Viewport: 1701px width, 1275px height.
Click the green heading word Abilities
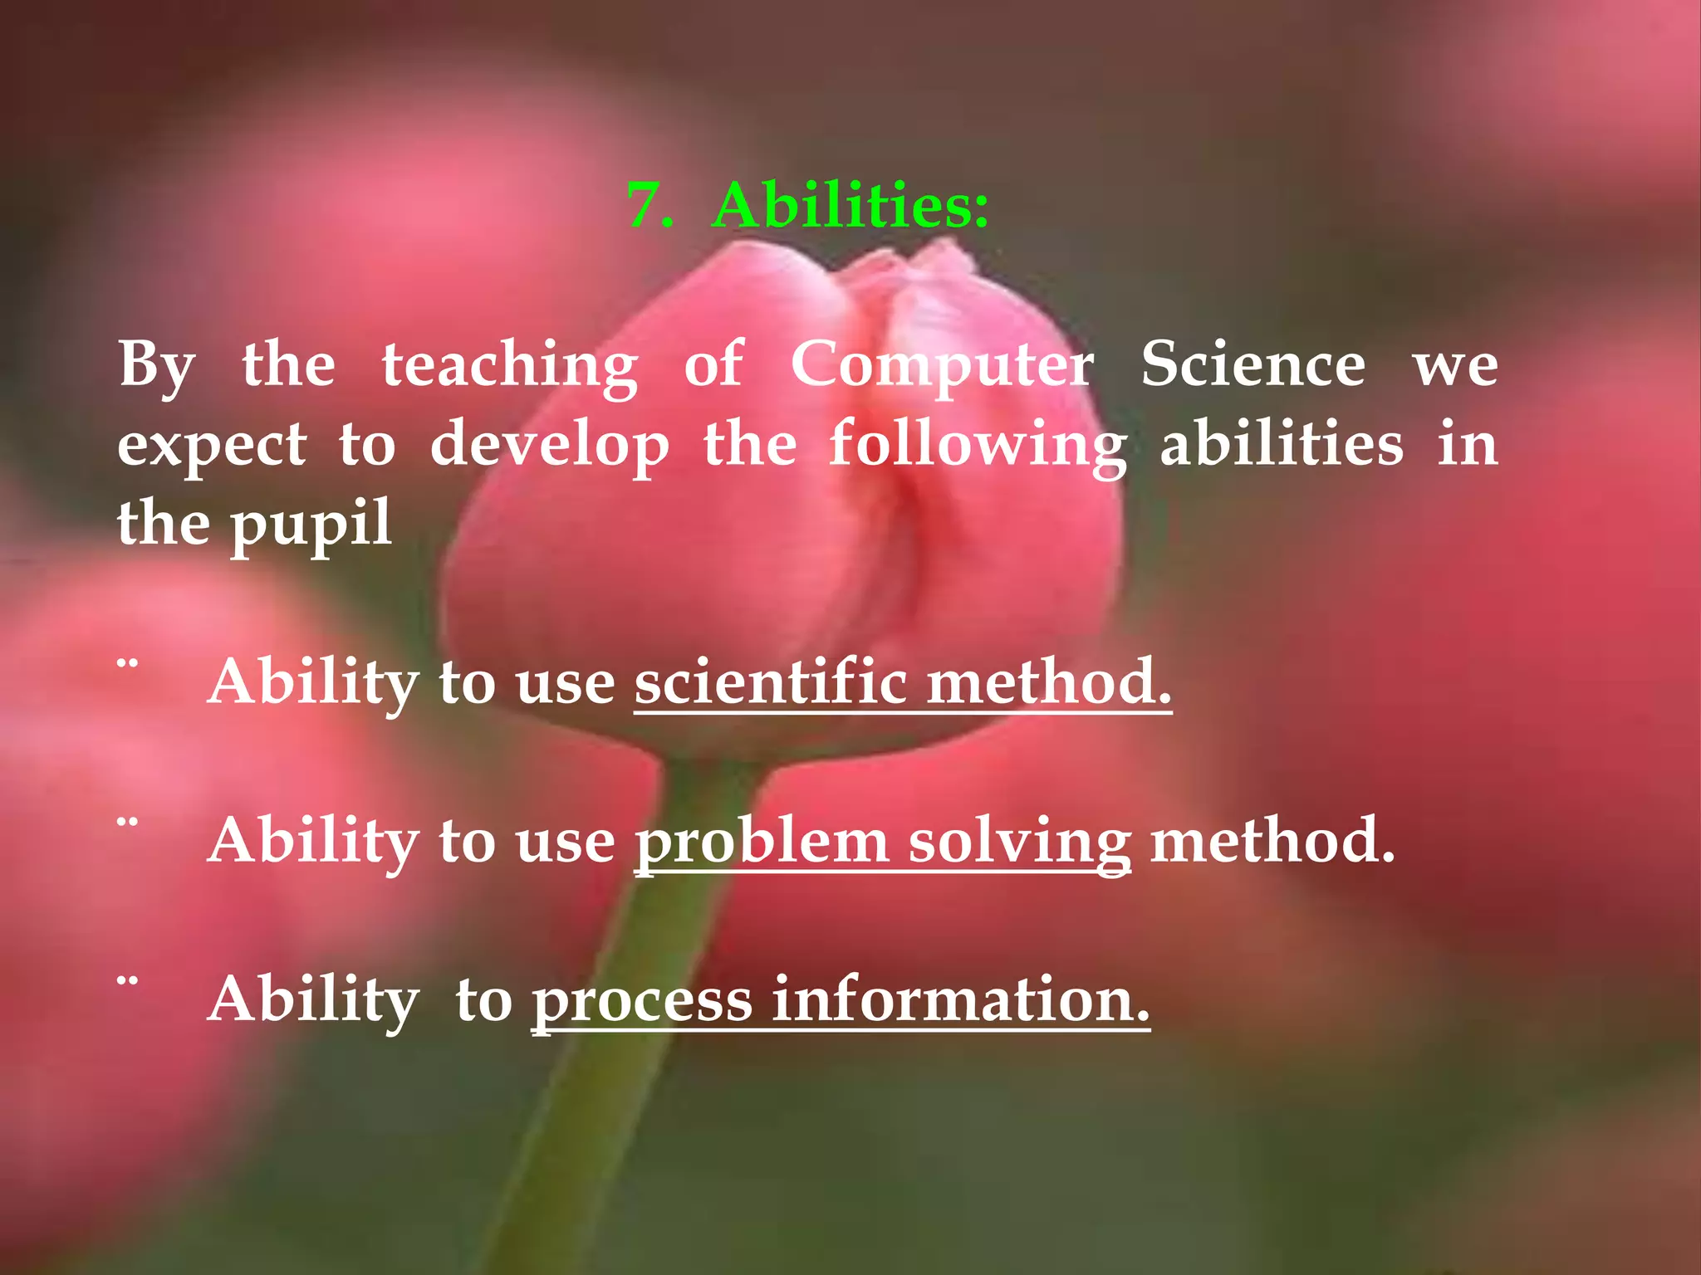(850, 205)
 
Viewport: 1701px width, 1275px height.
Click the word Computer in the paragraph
(942, 365)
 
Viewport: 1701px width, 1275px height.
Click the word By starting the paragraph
(157, 365)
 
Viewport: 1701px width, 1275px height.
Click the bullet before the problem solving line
(127, 823)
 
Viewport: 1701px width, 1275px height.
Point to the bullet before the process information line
(127, 981)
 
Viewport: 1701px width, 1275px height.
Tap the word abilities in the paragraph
(1281, 445)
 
